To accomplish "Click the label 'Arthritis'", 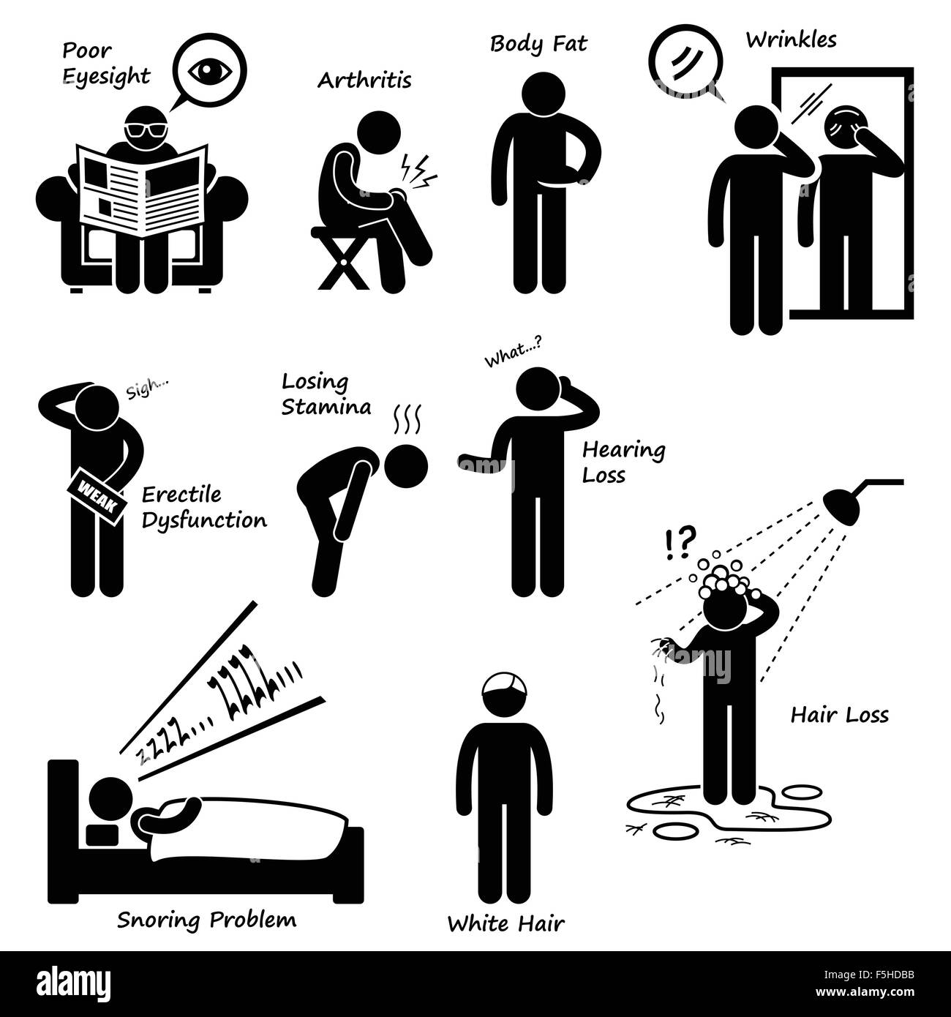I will (x=364, y=80).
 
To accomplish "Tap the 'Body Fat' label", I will (x=538, y=45).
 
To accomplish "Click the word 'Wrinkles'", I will (x=791, y=40).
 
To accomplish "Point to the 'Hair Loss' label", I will (x=839, y=714).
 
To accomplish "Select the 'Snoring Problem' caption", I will (x=207, y=919).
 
